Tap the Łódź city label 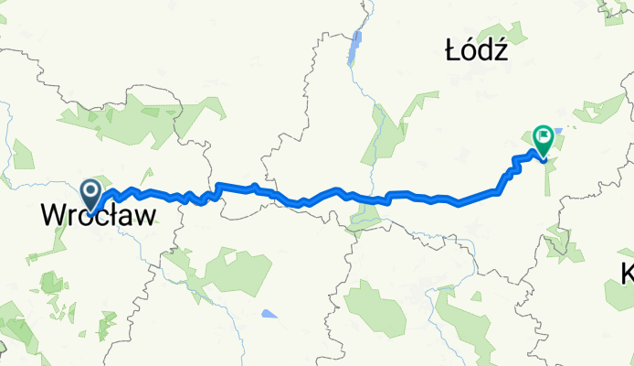[476, 53]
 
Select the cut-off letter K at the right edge [628, 272]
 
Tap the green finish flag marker [543, 140]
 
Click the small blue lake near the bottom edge [268, 315]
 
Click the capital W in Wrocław [53, 216]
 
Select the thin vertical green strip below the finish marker [549, 178]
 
